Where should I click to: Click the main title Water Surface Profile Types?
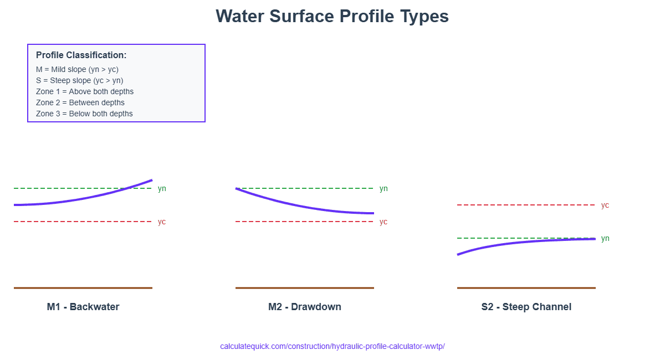pyautogui.click(x=332, y=16)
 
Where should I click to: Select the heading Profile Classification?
pyautogui.click(x=81, y=55)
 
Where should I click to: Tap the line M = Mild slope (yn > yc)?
pyautogui.click(x=77, y=69)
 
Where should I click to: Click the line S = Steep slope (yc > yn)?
pyautogui.click(x=80, y=80)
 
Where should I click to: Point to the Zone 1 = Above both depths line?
pyautogui.click(x=85, y=91)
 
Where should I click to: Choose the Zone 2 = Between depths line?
pyautogui.click(x=80, y=102)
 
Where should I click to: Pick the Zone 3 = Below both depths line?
pyautogui.click(x=84, y=114)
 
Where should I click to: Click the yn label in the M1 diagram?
pyautogui.click(x=162, y=189)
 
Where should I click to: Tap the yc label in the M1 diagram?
pyautogui.click(x=162, y=222)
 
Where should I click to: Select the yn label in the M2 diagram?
pyautogui.click(x=383, y=189)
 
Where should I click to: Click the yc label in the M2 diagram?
pyautogui.click(x=383, y=222)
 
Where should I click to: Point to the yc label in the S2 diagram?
pyautogui.click(x=605, y=205)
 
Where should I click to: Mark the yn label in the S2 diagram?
pyautogui.click(x=605, y=239)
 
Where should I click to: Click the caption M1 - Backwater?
pyautogui.click(x=83, y=307)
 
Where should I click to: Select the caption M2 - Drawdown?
pyautogui.click(x=305, y=307)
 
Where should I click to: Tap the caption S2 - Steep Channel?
pyautogui.click(x=526, y=307)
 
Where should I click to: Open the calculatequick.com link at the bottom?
pyautogui.click(x=332, y=346)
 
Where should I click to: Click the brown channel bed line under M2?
pyautogui.click(x=305, y=288)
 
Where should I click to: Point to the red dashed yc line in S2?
pyautogui.click(x=526, y=205)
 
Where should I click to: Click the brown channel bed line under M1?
pyautogui.click(x=83, y=288)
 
